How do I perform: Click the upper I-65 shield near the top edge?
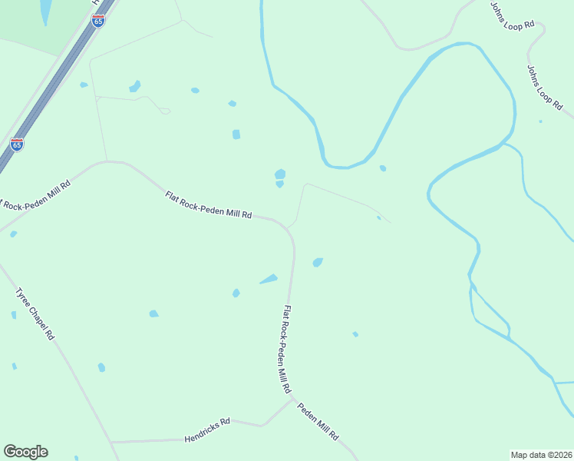coord(97,21)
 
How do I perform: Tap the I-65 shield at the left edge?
coord(17,144)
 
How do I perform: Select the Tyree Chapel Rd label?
coord(36,313)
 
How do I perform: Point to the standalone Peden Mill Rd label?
coord(318,422)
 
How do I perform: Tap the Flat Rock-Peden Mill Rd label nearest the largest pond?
coord(209,205)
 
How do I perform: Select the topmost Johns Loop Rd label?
coord(512,15)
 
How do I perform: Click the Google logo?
coord(25,452)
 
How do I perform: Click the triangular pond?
coord(269,279)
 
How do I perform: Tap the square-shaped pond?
coord(236,134)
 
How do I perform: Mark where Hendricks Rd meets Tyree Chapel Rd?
coord(111,443)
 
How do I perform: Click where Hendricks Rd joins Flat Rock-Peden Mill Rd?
coord(292,399)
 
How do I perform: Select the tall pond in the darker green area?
coord(45,11)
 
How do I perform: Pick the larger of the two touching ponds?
coord(280,174)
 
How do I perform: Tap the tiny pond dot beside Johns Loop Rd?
coord(540,121)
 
